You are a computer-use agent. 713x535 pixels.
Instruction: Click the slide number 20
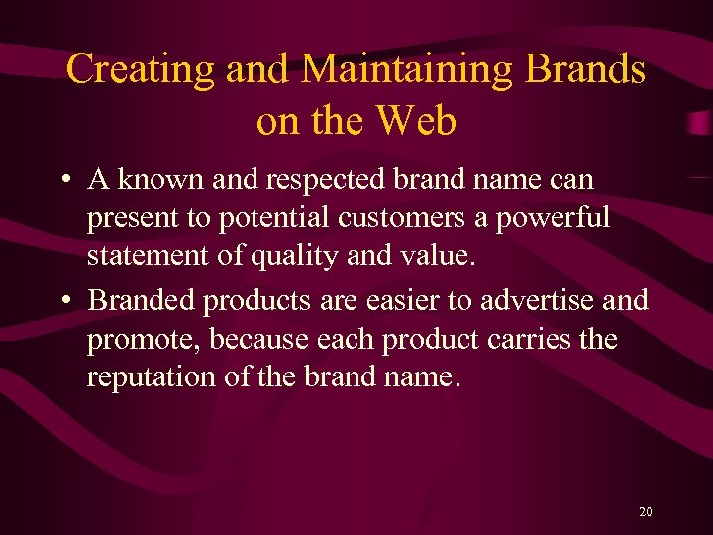[646, 512]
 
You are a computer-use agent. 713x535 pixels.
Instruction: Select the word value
[438, 257]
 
